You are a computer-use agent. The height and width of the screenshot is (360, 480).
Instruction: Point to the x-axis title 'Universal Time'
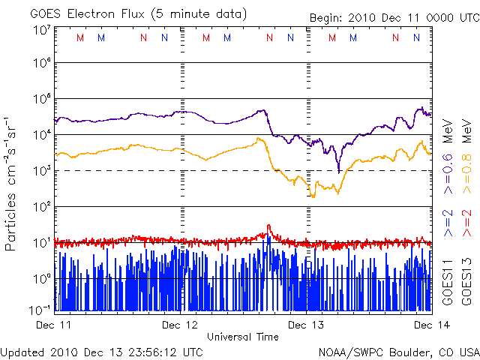pos(243,337)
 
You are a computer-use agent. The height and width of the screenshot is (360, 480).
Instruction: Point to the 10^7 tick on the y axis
pos(42,30)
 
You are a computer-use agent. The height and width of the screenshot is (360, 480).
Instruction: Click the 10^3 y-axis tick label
pos(42,171)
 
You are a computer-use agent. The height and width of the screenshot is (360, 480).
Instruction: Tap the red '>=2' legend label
pos(466,223)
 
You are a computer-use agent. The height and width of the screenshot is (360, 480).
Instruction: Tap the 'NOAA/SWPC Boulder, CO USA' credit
pos(398,351)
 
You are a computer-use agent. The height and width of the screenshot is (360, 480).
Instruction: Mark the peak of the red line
pos(268,226)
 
